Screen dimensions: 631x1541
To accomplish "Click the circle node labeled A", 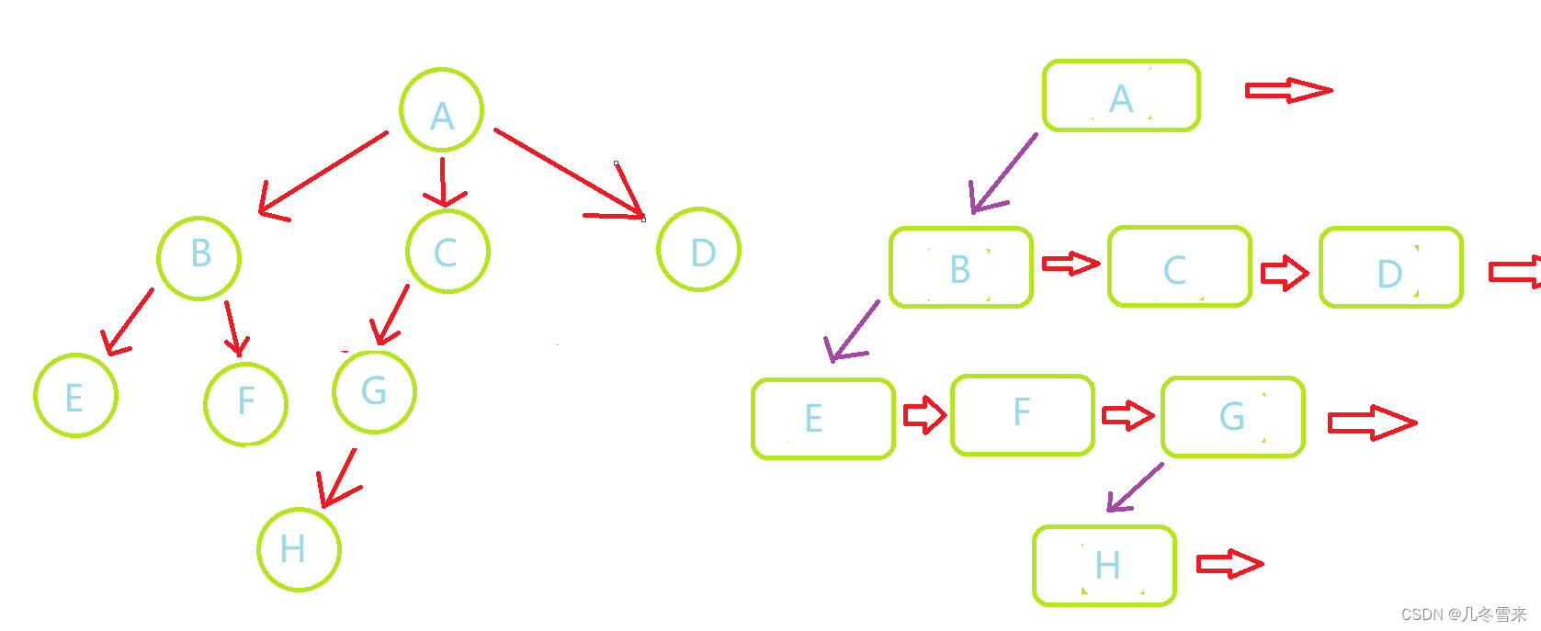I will pos(442,109).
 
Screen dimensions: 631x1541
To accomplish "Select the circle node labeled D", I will pos(699,250).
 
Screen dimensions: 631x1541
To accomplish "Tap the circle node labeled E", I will pos(76,396).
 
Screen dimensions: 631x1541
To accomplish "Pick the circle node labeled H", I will pos(300,549).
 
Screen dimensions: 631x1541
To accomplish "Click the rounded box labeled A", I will pos(1121,96).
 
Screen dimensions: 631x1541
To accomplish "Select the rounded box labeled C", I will pos(1180,267).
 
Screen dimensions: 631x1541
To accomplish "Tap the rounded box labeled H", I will pos(1105,566).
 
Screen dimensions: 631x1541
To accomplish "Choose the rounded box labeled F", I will pos(1023,415).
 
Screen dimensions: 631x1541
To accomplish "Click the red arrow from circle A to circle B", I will pos(323,174).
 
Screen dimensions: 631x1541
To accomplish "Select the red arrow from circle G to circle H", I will pos(338,478).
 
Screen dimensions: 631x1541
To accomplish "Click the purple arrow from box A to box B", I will pos(1003,174).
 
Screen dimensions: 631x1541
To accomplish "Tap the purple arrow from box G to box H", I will pos(1136,487).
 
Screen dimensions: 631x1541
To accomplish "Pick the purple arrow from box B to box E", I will pos(853,331).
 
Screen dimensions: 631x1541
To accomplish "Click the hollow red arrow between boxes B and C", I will pos(1071,265).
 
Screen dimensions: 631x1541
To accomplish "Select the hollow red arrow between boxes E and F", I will pos(924,415).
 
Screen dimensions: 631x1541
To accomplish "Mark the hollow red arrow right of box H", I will pos(1229,564).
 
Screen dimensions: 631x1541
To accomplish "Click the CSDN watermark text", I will pos(1463,614).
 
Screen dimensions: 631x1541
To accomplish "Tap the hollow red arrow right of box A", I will pos(1287,90).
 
